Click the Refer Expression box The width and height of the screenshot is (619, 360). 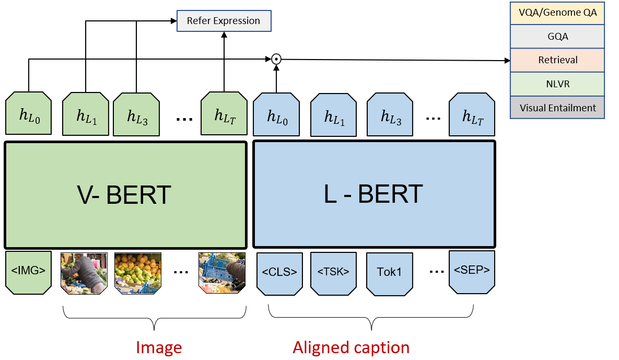pyautogui.click(x=224, y=21)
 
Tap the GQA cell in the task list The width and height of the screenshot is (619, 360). pyautogui.click(x=557, y=37)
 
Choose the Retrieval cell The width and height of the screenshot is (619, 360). pyautogui.click(x=557, y=60)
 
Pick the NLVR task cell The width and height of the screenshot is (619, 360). pyautogui.click(x=557, y=84)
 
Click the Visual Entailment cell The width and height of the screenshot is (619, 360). pyautogui.click(x=557, y=108)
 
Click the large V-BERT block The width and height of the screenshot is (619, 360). pyautogui.click(x=125, y=194)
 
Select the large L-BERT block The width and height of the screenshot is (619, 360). pyautogui.click(x=374, y=194)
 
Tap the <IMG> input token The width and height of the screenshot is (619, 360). pyautogui.click(x=29, y=272)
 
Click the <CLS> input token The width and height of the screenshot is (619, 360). pyautogui.click(x=279, y=272)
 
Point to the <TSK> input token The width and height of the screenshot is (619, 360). pyautogui.click(x=333, y=272)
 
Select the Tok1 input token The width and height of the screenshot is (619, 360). pyautogui.click(x=389, y=273)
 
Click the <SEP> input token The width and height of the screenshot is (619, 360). pyautogui.click(x=472, y=271)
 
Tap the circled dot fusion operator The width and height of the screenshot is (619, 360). pyautogui.click(x=276, y=59)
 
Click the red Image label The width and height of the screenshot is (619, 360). pyautogui.click(x=159, y=347)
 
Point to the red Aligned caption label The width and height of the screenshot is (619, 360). pyautogui.click(x=351, y=347)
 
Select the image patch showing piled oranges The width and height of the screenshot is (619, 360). pyautogui.click(x=137, y=273)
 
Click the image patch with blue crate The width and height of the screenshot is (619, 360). pyautogui.click(x=221, y=273)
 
